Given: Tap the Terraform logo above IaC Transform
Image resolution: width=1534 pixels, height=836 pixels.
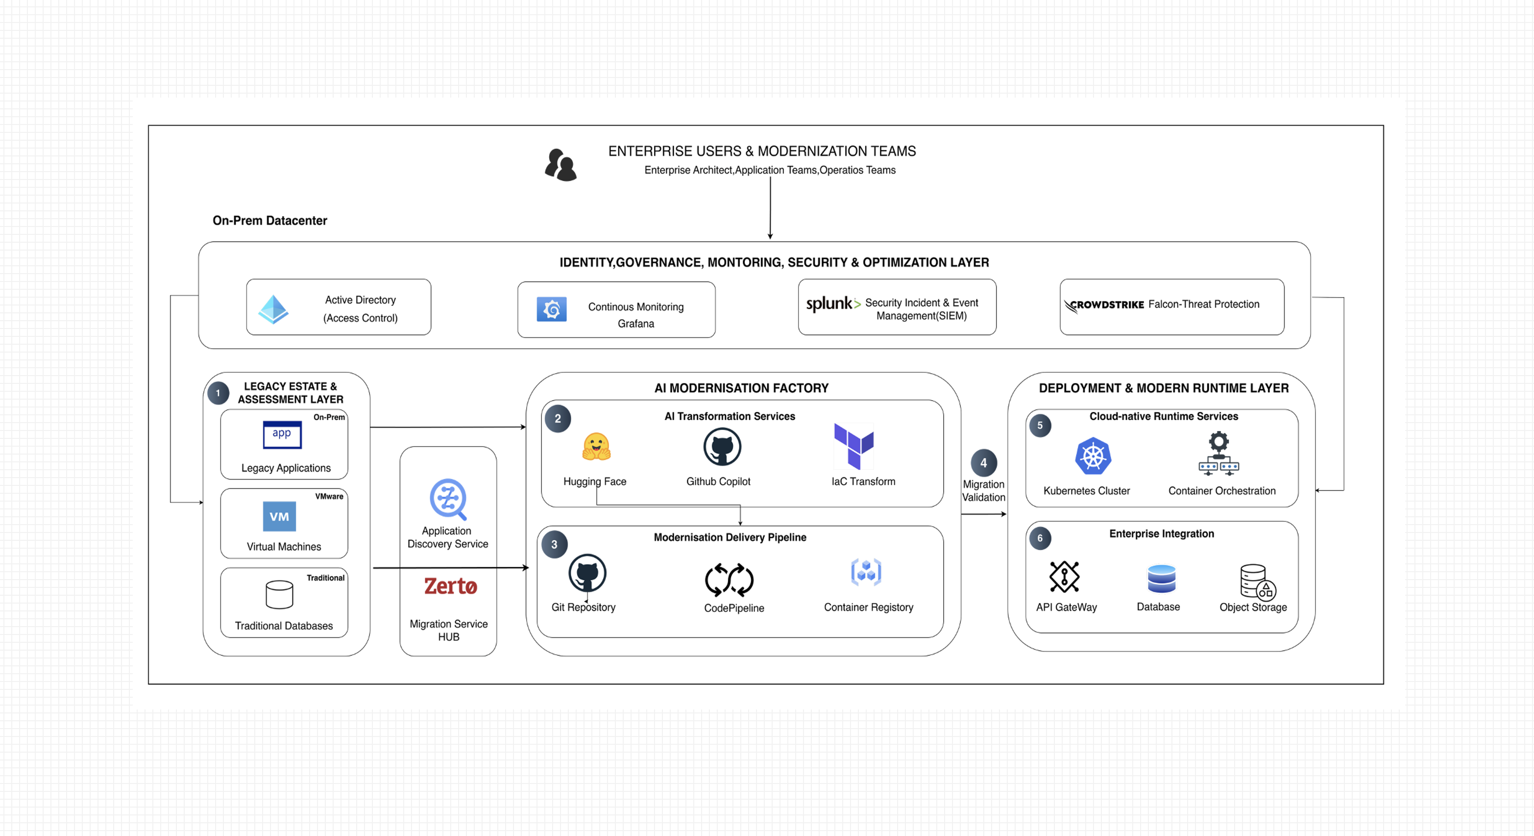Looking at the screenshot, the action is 854,446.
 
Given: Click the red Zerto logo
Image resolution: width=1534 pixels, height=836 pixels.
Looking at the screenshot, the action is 450,586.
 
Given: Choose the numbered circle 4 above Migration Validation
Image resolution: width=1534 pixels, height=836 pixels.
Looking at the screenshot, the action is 983,463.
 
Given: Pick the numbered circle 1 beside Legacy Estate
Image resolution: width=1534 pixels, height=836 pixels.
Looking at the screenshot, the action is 218,393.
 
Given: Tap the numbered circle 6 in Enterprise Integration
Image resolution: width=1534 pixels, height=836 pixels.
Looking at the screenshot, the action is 1040,538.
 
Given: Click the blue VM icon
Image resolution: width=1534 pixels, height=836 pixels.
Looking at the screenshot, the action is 279,516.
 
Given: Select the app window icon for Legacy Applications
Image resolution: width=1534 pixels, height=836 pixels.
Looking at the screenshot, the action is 282,435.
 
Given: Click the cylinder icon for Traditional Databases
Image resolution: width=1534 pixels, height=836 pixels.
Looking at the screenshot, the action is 279,595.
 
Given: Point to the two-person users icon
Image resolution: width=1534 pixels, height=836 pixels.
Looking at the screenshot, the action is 560,165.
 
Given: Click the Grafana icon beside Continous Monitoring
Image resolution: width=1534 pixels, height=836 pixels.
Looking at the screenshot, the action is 552,309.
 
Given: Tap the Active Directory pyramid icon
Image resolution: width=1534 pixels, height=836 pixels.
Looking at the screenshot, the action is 273,309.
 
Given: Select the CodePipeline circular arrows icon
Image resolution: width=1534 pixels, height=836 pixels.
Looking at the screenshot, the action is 729,580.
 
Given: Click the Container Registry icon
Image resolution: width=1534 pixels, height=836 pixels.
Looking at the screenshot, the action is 866,573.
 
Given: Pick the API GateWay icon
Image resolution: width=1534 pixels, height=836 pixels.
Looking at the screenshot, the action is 1064,577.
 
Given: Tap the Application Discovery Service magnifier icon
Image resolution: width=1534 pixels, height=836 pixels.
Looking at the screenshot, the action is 448,499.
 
